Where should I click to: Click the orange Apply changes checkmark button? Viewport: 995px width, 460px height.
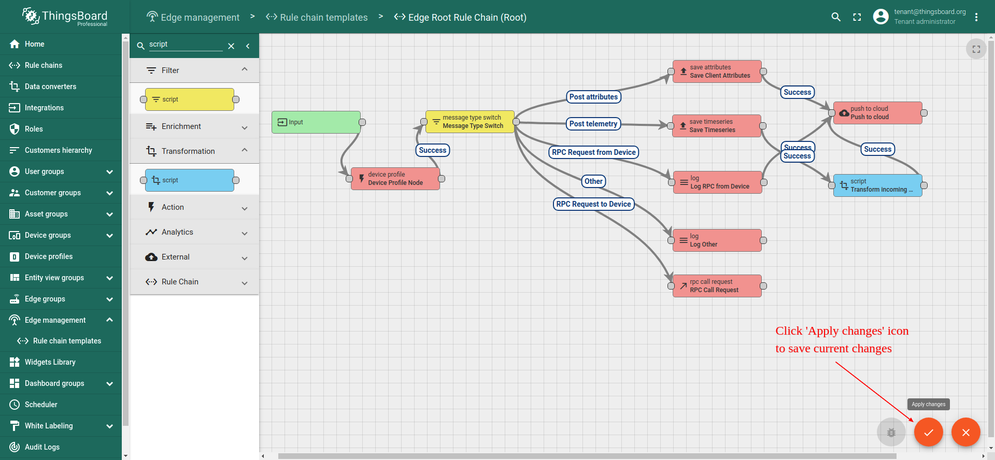click(928, 432)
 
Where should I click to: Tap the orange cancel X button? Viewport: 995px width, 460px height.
click(965, 432)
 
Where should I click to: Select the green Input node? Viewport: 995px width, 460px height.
click(316, 122)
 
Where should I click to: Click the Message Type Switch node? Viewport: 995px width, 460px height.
click(470, 122)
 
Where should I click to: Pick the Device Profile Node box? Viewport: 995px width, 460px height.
click(395, 179)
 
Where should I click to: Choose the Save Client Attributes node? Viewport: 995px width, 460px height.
click(717, 71)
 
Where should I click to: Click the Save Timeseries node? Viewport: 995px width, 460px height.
click(717, 126)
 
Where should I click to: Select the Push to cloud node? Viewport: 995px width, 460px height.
click(878, 113)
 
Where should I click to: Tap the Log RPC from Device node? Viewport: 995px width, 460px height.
click(718, 182)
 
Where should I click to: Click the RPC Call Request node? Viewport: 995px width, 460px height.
click(717, 286)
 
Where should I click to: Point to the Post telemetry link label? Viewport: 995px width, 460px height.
click(593, 124)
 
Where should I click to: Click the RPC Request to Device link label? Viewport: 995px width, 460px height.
click(594, 204)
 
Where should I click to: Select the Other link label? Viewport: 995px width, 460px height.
click(594, 181)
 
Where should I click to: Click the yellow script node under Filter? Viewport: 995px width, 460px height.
click(190, 99)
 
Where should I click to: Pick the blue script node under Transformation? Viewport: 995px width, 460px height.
click(190, 180)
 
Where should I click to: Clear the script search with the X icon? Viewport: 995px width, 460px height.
click(231, 46)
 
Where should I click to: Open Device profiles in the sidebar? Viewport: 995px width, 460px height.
click(49, 256)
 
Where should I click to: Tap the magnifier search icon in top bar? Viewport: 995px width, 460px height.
click(836, 17)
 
